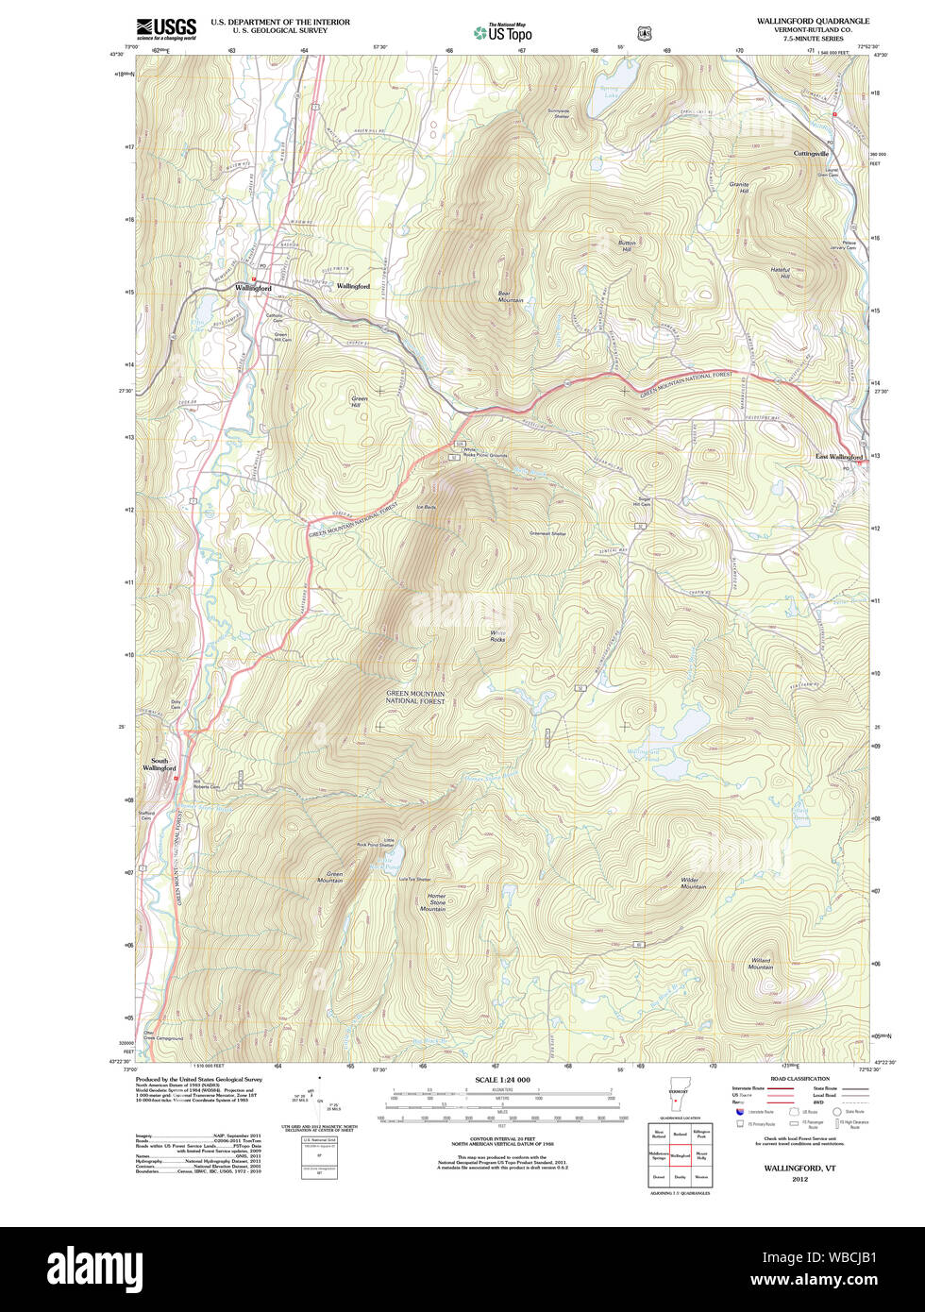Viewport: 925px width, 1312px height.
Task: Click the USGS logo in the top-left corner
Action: (x=166, y=28)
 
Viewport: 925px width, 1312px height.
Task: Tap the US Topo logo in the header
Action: (x=502, y=33)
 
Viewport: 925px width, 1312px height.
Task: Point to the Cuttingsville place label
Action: (x=811, y=153)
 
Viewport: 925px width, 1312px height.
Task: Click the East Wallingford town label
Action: (x=839, y=457)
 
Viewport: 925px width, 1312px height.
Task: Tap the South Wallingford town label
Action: (x=159, y=764)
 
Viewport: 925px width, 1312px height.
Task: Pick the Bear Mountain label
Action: (x=510, y=296)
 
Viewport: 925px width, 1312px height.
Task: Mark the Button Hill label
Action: (x=627, y=244)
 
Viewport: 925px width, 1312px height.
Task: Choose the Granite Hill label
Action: (x=738, y=188)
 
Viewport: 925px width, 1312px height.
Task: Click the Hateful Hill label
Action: (x=780, y=273)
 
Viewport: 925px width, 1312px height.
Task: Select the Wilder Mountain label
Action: (x=694, y=883)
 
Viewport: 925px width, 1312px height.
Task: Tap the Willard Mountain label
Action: (x=761, y=964)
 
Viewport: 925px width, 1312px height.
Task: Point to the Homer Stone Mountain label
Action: (x=435, y=902)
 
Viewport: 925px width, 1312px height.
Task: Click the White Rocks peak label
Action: (x=496, y=635)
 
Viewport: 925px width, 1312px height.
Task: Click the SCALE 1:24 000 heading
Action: (x=502, y=1080)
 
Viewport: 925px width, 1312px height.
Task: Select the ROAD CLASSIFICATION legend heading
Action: (x=799, y=1079)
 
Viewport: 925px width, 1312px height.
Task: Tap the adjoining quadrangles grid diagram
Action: (x=679, y=1154)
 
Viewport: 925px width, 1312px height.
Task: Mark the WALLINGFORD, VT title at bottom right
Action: (x=799, y=1168)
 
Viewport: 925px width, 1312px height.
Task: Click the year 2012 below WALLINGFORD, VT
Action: (x=799, y=1179)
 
